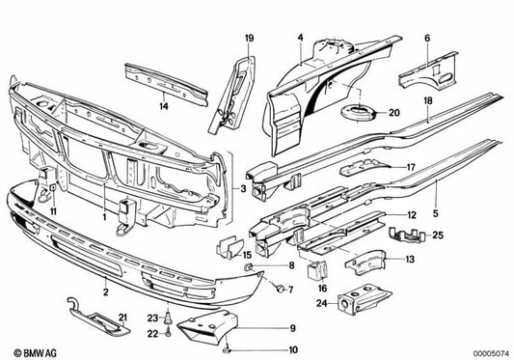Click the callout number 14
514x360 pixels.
(164, 104)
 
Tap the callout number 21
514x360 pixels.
(122, 318)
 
